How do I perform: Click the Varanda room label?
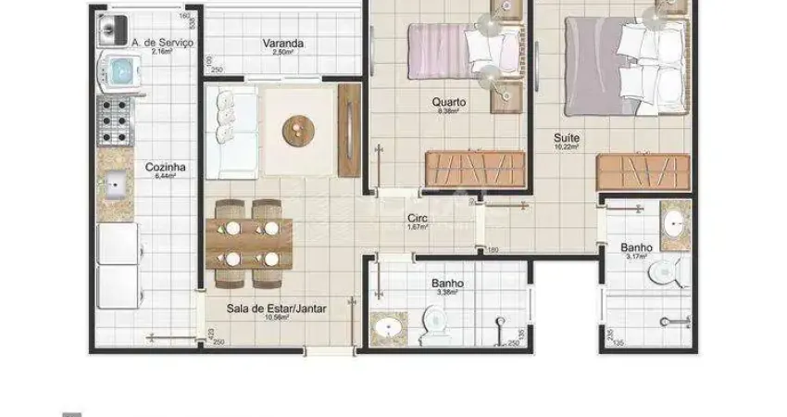(283, 43)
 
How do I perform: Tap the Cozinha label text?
(166, 168)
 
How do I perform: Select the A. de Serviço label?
(162, 43)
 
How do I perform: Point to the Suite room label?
(566, 136)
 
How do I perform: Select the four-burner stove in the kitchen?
(117, 120)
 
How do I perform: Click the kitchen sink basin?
(117, 185)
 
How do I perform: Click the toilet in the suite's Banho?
(664, 272)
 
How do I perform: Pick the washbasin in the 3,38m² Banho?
(386, 327)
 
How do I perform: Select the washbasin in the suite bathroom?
(672, 222)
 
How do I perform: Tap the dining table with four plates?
(249, 243)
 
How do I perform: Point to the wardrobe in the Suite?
(643, 171)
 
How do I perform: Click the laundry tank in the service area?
(112, 32)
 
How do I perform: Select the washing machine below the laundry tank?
(119, 70)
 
